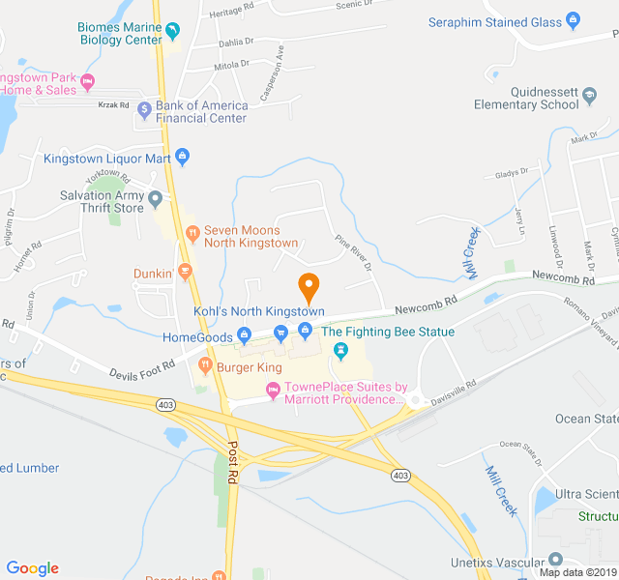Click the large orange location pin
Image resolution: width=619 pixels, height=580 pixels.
click(309, 287)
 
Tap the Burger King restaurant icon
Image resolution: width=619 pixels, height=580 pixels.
click(205, 366)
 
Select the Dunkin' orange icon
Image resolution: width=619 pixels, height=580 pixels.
click(185, 274)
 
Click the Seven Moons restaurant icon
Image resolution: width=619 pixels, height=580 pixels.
click(192, 232)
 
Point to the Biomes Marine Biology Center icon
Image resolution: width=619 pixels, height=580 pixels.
click(173, 33)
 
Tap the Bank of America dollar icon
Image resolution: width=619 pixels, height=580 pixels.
click(144, 109)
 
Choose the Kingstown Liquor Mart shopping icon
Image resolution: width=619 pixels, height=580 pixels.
click(182, 157)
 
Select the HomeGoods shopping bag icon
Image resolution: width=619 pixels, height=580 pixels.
click(244, 336)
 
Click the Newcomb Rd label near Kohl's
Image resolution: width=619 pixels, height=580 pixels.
click(426, 309)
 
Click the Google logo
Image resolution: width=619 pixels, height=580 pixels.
click(32, 568)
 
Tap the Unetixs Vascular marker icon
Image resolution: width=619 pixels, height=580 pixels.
click(554, 559)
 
